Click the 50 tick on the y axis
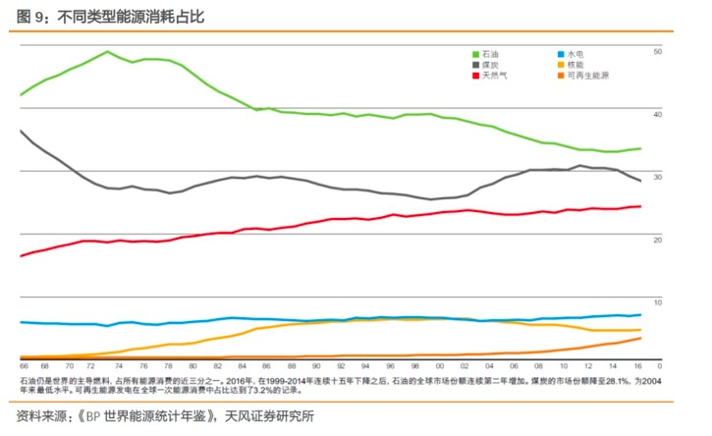pos(658,51)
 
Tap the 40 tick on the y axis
pos(658,114)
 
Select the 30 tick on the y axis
pos(658,176)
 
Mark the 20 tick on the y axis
pos(658,239)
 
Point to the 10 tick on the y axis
pos(658,300)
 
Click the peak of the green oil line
pos(107,51)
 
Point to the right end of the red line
pos(640,206)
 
